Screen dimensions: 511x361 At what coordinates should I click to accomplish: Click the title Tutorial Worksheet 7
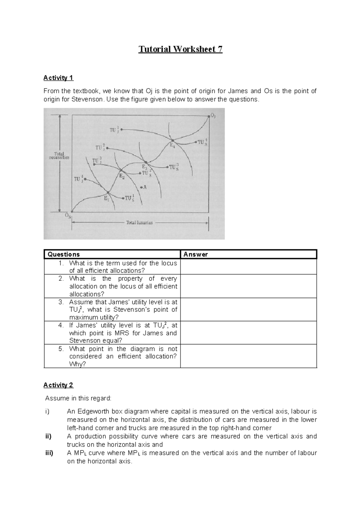point(180,49)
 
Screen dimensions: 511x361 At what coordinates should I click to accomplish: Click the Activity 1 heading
point(58,78)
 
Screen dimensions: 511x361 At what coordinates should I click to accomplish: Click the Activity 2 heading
point(58,385)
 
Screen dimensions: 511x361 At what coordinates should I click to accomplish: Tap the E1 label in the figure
point(106,198)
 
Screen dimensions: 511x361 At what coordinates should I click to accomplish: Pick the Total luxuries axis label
point(139,223)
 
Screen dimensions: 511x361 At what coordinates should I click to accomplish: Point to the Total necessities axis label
point(59,155)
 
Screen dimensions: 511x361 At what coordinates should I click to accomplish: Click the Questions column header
point(63,254)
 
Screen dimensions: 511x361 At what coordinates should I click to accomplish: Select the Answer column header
point(196,254)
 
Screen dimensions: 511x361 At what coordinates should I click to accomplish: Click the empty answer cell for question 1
point(248,267)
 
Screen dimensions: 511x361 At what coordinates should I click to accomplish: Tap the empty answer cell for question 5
point(248,356)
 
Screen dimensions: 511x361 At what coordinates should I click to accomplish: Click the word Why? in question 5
point(77,364)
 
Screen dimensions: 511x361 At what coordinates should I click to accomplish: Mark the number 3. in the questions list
point(61,302)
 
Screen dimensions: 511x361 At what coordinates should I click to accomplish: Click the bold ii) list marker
point(48,436)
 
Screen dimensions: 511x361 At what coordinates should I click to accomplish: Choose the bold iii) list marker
point(49,453)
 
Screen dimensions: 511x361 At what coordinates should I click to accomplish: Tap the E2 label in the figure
point(122,177)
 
